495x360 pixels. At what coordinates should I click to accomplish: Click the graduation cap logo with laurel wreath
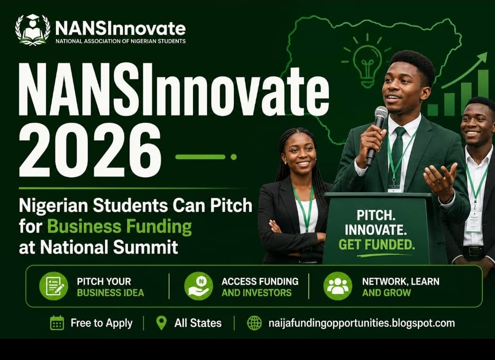[x=32, y=30]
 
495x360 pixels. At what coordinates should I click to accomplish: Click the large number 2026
[x=90, y=151]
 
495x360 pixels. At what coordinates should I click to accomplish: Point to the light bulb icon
[x=367, y=61]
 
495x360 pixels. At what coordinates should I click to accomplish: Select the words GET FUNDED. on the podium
[x=376, y=245]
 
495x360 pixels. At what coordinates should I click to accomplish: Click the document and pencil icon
[x=54, y=286]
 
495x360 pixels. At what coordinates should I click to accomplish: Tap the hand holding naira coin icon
[x=199, y=286]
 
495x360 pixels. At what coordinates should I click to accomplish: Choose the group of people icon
[x=338, y=286]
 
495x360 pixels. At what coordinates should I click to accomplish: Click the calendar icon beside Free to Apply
[x=57, y=323]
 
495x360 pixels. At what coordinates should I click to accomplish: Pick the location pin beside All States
[x=161, y=323]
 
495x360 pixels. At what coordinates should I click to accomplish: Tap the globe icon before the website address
[x=255, y=323]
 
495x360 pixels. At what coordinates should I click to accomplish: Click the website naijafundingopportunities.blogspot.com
[x=362, y=323]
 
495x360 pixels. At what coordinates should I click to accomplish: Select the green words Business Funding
[x=120, y=227]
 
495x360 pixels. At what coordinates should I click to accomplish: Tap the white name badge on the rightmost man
[x=474, y=222]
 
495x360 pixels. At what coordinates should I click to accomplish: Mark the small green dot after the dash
[x=233, y=157]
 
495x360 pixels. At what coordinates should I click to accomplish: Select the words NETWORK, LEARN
[x=400, y=281]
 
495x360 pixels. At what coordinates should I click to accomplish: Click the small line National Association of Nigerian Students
[x=120, y=41]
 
